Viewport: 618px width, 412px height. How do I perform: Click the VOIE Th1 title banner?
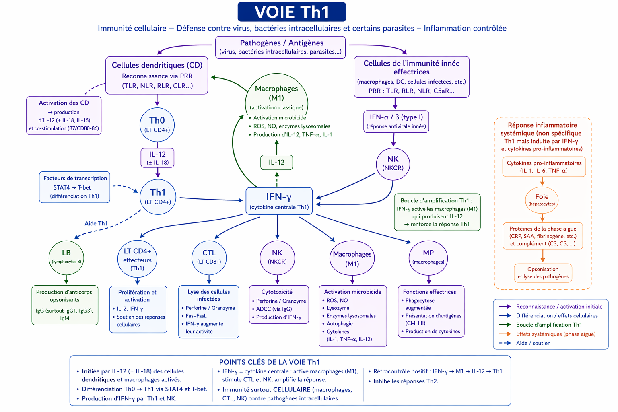coord(292,12)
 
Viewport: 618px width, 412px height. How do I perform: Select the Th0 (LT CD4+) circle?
coord(157,124)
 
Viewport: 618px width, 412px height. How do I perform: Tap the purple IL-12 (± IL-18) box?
coord(157,158)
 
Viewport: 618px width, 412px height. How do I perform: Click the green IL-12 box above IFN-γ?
coord(276,162)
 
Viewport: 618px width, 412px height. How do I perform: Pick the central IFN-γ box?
coord(279,201)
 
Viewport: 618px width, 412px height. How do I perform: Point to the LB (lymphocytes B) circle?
coord(66,257)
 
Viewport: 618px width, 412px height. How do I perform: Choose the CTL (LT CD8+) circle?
coord(209,257)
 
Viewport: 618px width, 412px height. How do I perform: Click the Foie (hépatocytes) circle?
coord(542,200)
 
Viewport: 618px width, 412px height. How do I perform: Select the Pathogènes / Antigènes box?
coord(280,47)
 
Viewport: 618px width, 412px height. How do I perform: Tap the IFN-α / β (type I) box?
coord(396,121)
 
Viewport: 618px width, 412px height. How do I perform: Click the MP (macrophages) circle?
coord(428,257)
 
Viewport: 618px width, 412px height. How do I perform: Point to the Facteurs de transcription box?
coord(75,187)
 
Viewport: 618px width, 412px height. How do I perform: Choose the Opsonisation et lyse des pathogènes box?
coord(543,273)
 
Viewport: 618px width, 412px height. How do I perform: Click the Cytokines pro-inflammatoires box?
coord(544,167)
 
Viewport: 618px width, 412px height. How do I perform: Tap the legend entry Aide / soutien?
coord(533,343)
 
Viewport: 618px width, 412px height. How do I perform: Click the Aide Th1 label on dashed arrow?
coord(96,223)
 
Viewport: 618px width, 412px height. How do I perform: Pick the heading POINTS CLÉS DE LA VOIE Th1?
coord(270,362)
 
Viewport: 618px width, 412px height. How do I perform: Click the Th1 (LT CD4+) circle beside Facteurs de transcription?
coord(158,196)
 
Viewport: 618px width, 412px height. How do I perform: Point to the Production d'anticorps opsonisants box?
coord(65,305)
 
